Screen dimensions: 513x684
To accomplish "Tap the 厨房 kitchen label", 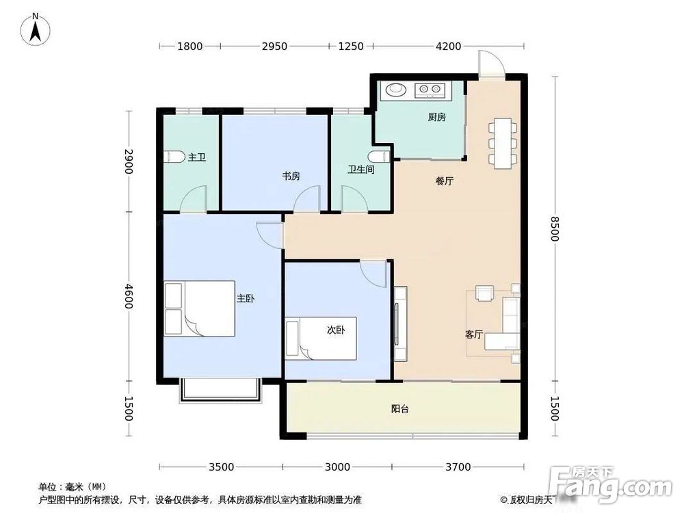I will tap(436, 117).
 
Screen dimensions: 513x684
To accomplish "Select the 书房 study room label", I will tap(291, 176).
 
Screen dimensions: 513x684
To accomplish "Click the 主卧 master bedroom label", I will tap(245, 299).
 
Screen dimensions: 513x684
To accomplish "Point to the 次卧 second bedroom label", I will tap(335, 329).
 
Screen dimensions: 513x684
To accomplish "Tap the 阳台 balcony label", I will tap(400, 409).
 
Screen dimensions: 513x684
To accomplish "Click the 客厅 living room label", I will tap(474, 334).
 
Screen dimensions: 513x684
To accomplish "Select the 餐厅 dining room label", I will tap(445, 181).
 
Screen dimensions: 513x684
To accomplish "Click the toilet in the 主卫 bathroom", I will tap(175, 157).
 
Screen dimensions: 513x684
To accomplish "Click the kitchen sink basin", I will tap(396, 89).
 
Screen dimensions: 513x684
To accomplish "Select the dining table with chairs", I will tap(503, 142).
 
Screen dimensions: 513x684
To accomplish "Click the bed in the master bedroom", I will tap(199, 308).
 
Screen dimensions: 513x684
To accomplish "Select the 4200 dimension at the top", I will tap(449, 47).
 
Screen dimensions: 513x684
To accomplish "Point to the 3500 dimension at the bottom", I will tap(221, 467).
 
